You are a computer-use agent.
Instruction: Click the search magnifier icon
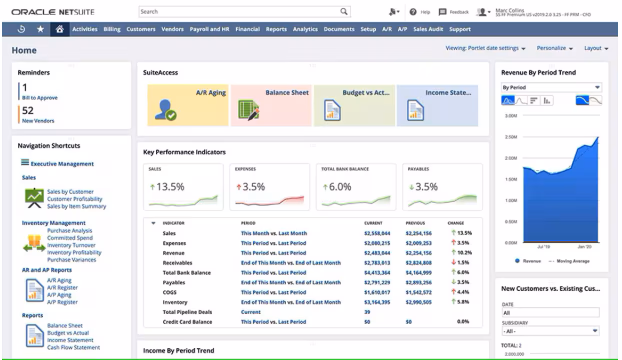coord(343,11)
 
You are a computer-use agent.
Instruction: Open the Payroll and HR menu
coord(209,29)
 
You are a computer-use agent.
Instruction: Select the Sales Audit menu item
coord(428,29)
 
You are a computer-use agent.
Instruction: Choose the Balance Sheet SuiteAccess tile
coord(271,105)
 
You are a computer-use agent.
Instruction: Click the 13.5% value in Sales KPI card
coord(170,187)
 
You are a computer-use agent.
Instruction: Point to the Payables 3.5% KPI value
coord(426,187)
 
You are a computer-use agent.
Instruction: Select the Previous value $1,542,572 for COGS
coord(418,292)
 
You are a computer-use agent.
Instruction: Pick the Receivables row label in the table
coord(177,262)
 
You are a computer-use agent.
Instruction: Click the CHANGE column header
coord(455,223)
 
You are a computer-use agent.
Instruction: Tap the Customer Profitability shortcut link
coord(74,199)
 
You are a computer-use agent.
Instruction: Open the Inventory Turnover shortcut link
coord(71,245)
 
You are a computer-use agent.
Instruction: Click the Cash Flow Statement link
coord(73,347)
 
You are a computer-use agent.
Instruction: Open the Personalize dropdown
coord(554,48)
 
